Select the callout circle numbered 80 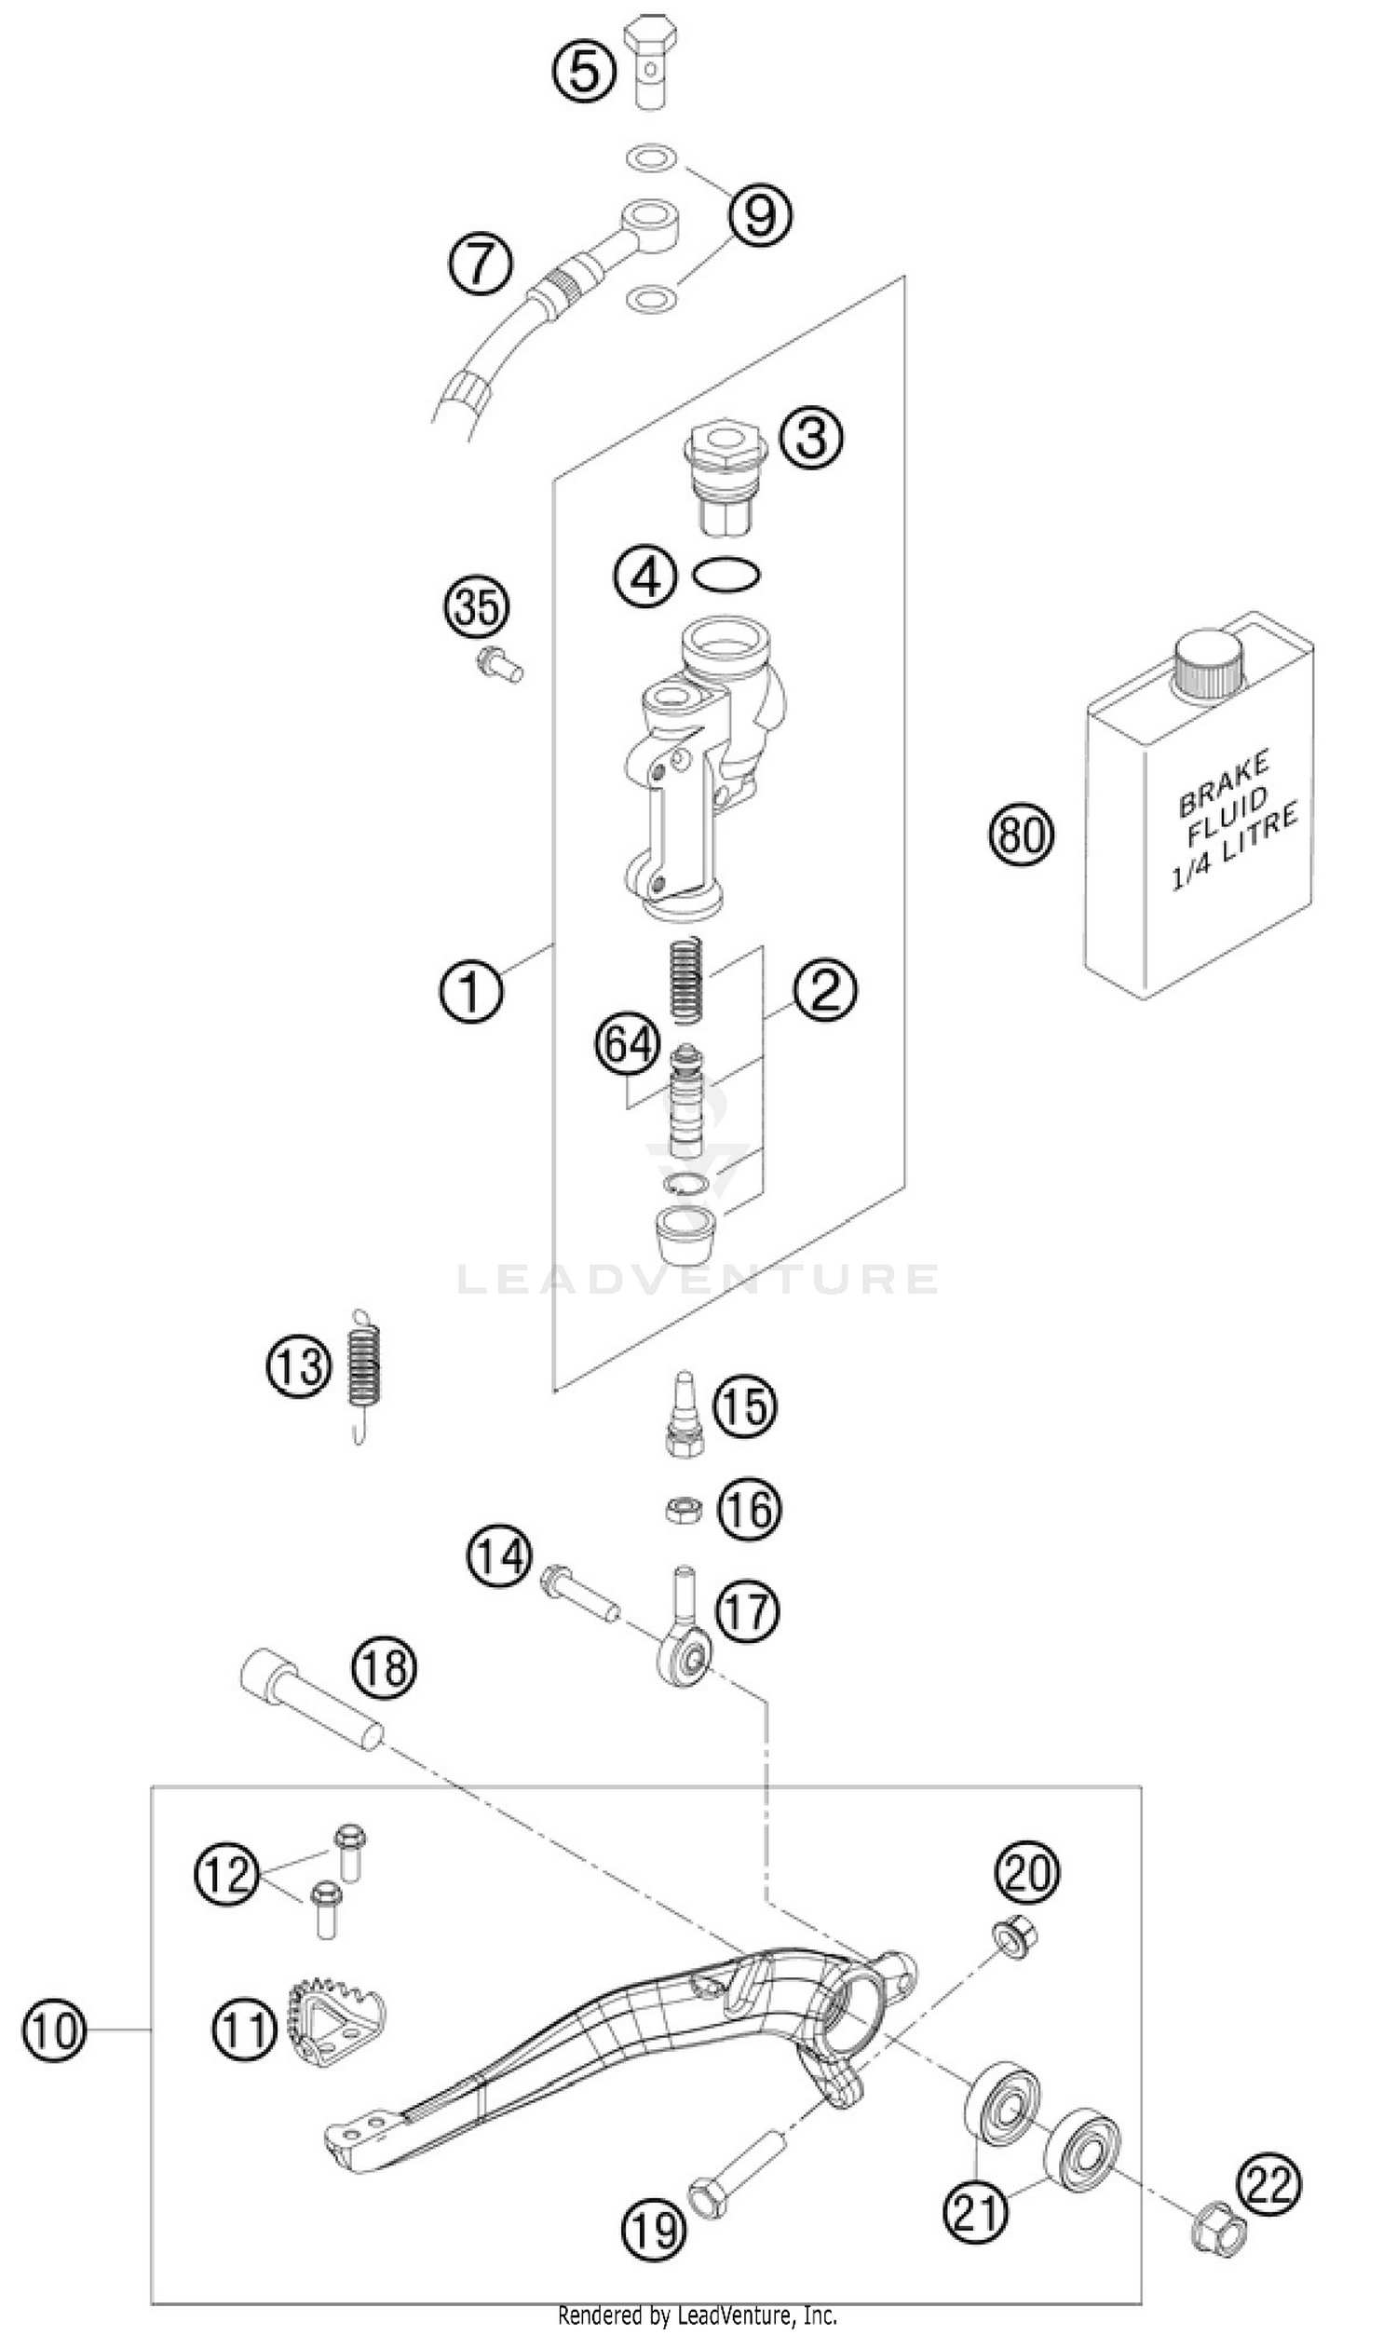1022,834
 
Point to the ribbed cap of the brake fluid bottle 1208,663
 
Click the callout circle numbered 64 628,1045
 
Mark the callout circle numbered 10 55,2030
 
